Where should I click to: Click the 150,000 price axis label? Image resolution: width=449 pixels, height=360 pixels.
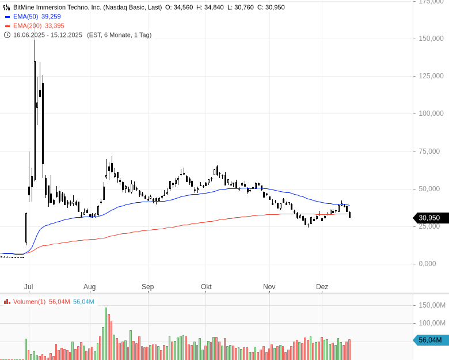pyautogui.click(x=431, y=39)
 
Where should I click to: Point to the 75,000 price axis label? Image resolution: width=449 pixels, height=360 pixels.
pyautogui.click(x=433, y=151)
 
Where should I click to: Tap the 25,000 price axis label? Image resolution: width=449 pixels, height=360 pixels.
pyautogui.click(x=433, y=226)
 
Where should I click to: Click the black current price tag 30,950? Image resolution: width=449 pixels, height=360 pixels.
pyautogui.click(x=429, y=218)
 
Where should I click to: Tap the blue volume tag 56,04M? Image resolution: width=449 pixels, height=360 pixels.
pyautogui.click(x=431, y=340)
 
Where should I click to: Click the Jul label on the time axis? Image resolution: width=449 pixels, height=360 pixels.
pyautogui.click(x=29, y=287)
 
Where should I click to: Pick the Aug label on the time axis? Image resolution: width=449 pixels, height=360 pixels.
pyautogui.click(x=89, y=287)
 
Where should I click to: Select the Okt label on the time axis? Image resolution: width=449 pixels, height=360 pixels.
pyautogui.click(x=206, y=287)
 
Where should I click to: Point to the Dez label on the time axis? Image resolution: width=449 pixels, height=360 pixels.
pyautogui.click(x=322, y=287)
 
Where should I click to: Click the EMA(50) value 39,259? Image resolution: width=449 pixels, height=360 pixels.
pyautogui.click(x=51, y=17)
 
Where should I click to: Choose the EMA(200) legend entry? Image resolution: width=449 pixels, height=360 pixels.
pyautogui.click(x=27, y=26)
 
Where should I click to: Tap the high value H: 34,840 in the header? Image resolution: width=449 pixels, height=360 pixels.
pyautogui.click(x=208, y=7)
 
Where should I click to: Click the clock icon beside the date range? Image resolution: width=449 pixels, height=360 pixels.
pyautogui.click(x=7, y=35)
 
